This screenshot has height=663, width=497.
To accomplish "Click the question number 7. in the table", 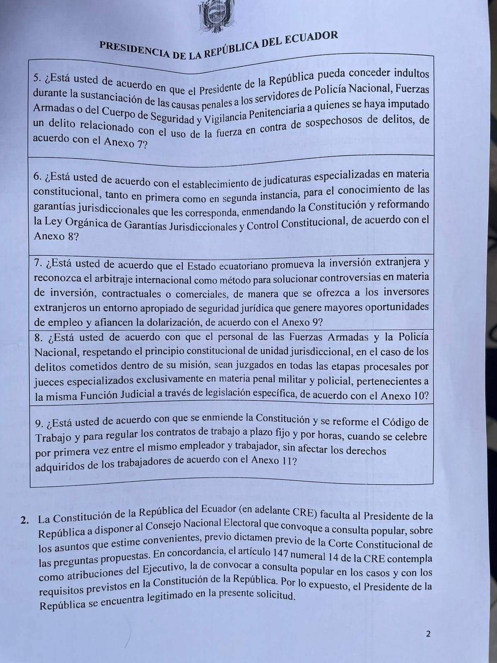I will click(39, 263).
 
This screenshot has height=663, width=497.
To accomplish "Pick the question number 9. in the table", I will click(40, 423).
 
